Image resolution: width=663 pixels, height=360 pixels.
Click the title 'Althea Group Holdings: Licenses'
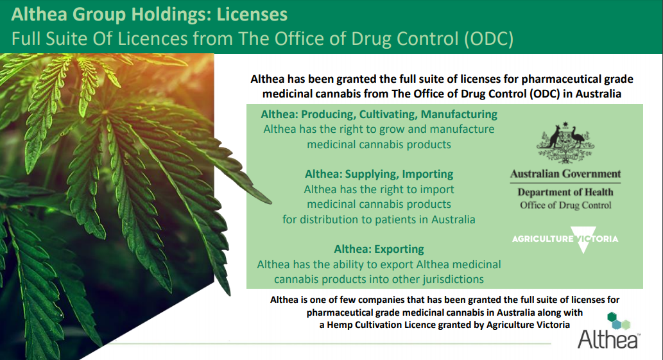pos(150,14)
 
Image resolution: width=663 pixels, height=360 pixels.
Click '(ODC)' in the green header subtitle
pos(488,39)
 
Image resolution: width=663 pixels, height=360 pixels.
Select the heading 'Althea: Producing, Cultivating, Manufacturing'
pos(379,114)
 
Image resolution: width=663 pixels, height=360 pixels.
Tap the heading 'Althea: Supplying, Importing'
pos(379,174)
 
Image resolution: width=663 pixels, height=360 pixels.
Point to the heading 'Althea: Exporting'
pos(379,249)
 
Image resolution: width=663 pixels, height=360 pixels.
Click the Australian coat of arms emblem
pos(565,143)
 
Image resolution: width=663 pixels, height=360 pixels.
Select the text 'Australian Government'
pos(565,174)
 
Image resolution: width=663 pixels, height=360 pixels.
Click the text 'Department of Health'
pos(565,193)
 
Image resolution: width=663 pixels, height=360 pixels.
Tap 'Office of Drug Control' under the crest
pos(565,205)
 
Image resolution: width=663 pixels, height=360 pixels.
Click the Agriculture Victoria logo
pos(565,239)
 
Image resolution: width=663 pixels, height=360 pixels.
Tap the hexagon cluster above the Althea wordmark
pos(618,321)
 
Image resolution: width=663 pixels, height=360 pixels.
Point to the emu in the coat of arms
pos(577,138)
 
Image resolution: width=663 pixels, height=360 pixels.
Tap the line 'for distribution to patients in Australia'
pos(379,219)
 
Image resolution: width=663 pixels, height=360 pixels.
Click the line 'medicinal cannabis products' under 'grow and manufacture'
pos(379,144)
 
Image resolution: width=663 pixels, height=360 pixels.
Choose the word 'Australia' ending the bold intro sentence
pos(599,94)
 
